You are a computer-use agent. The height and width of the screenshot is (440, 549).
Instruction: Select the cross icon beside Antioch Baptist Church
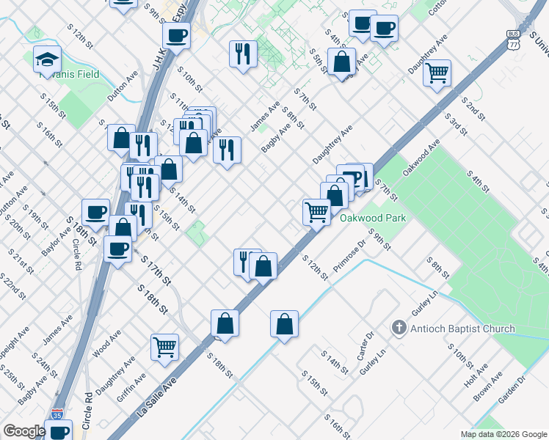point(399,327)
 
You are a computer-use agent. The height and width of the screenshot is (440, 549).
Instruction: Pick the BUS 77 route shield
point(513,39)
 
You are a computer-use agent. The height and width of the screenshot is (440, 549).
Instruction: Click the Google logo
point(24,431)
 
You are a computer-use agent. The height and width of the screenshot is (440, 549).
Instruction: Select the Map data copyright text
point(503,434)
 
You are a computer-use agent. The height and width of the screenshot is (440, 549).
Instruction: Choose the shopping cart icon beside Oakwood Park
point(316,212)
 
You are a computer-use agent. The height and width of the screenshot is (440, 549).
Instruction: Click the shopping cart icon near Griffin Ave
point(165,347)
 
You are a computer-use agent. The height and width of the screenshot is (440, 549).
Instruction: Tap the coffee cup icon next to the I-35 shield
point(58,431)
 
